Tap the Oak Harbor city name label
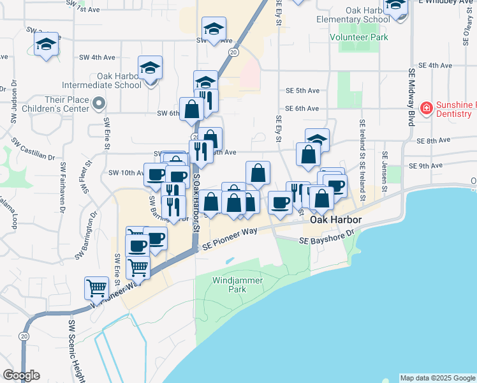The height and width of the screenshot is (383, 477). click(336, 220)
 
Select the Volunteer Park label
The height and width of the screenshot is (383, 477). click(358, 38)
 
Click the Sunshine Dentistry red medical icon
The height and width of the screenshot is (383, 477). click(425, 108)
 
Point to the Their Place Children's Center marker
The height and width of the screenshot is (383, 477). click(98, 103)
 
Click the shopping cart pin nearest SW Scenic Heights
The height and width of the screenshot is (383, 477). click(96, 288)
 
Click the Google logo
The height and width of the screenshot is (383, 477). click(21, 375)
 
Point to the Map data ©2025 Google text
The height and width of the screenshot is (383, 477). click(437, 378)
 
